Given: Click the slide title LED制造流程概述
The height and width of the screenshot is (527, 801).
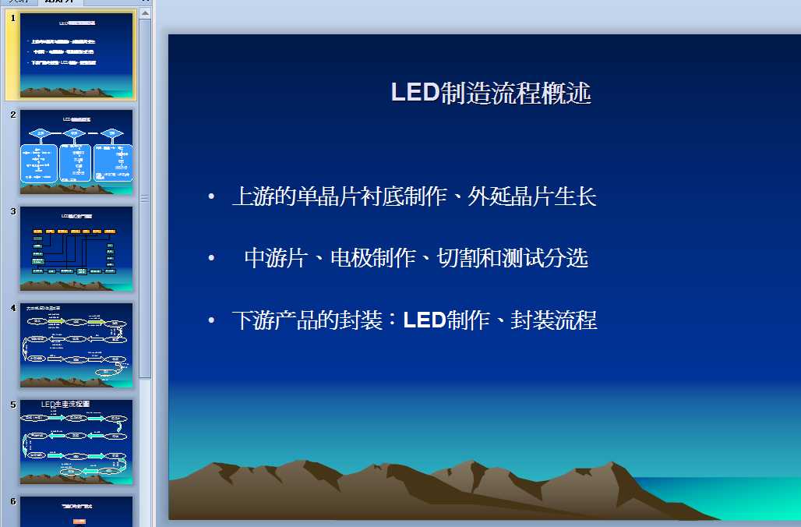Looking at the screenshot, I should pyautogui.click(x=491, y=93).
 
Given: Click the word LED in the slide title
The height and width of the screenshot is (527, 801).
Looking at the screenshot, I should pyautogui.click(x=415, y=93).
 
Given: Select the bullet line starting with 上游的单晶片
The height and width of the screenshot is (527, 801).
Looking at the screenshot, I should pyautogui.click(x=414, y=196).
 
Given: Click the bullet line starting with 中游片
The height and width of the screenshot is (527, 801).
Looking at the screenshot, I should pyautogui.click(x=416, y=258).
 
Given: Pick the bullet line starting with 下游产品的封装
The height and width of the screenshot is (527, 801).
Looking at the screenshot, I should pyautogui.click(x=414, y=320).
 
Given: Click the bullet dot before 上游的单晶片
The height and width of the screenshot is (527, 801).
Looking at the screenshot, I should pyautogui.click(x=211, y=197).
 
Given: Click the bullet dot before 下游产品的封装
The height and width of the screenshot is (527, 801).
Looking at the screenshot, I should pyautogui.click(x=211, y=320).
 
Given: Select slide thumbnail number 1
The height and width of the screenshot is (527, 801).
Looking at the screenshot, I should pyautogui.click(x=76, y=55).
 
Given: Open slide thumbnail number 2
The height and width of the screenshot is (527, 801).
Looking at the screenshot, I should pyautogui.click(x=76, y=151).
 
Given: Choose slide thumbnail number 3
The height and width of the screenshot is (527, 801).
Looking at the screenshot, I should pyautogui.click(x=76, y=248).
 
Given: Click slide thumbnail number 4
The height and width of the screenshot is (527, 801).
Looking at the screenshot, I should pyautogui.click(x=76, y=345).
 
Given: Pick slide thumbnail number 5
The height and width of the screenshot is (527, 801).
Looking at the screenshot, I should pyautogui.click(x=76, y=441).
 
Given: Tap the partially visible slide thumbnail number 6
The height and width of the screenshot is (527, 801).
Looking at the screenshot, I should pyautogui.click(x=76, y=511).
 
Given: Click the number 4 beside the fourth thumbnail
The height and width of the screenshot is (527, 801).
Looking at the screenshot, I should pyautogui.click(x=13, y=308).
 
